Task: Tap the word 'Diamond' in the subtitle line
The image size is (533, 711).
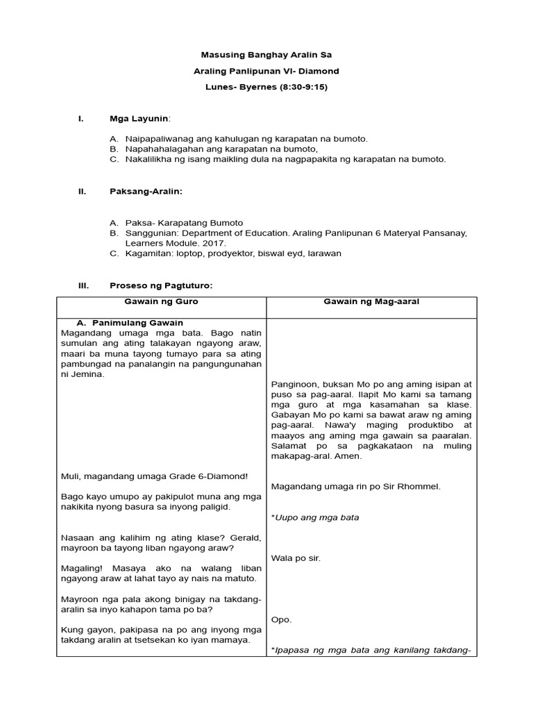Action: click(321, 71)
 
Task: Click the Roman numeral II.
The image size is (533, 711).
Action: click(81, 191)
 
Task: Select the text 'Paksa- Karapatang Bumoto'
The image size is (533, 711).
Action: click(184, 223)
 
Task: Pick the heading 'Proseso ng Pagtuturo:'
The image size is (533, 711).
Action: click(161, 285)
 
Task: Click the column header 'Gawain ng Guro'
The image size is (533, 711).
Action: click(161, 302)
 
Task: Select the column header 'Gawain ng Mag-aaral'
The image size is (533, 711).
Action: click(371, 302)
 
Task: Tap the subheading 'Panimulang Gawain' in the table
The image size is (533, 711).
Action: click(138, 323)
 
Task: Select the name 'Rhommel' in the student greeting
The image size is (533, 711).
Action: click(416, 487)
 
